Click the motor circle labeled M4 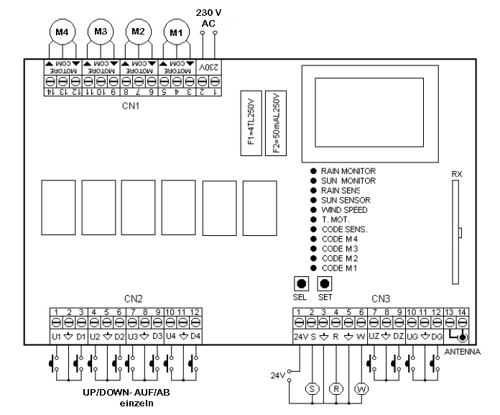click(61, 32)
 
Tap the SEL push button click(300, 283)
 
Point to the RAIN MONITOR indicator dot click(314, 171)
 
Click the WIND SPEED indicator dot click(314, 210)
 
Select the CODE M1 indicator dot click(314, 268)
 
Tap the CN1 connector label click(130, 106)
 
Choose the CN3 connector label click(381, 298)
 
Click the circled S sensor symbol click(312, 388)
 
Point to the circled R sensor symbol click(336, 388)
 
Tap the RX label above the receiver click(457, 175)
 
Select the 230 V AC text click(208, 18)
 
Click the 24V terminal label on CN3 click(300, 336)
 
